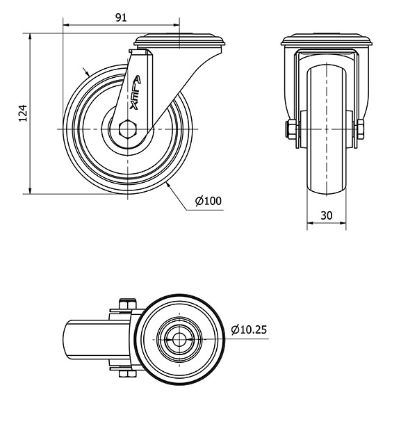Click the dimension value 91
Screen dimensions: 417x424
pyautogui.click(x=121, y=17)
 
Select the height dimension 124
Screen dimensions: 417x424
pyautogui.click(x=23, y=113)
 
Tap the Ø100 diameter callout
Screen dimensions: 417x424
pyautogui.click(x=208, y=201)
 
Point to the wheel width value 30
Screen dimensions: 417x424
pyautogui.click(x=327, y=215)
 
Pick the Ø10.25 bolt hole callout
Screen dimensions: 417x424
pyautogui.click(x=249, y=329)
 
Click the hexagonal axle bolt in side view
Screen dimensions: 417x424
pyautogui.click(x=128, y=129)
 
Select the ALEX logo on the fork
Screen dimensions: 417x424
pyautogui.click(x=135, y=92)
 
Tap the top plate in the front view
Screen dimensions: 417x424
pyautogui.click(x=327, y=40)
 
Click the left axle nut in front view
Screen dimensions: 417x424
pyautogui.click(x=291, y=129)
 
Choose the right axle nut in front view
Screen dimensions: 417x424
pyautogui.click(x=360, y=129)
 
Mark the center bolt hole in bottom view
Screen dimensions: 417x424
pyautogui.click(x=179, y=339)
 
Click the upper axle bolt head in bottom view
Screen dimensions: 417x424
pyautogui.click(x=128, y=304)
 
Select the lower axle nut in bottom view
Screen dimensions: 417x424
pyautogui.click(x=128, y=374)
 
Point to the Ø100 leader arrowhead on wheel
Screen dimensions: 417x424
pyautogui.click(x=168, y=185)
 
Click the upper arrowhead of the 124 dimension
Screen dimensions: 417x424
pyautogui.click(x=30, y=37)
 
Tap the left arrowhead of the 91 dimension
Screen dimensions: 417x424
pyautogui.click(x=67, y=25)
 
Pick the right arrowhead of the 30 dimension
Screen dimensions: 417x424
pyautogui.click(x=343, y=223)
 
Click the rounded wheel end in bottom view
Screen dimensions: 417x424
pyautogui.click(x=70, y=340)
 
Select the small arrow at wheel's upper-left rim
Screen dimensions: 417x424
pyautogui.click(x=86, y=72)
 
